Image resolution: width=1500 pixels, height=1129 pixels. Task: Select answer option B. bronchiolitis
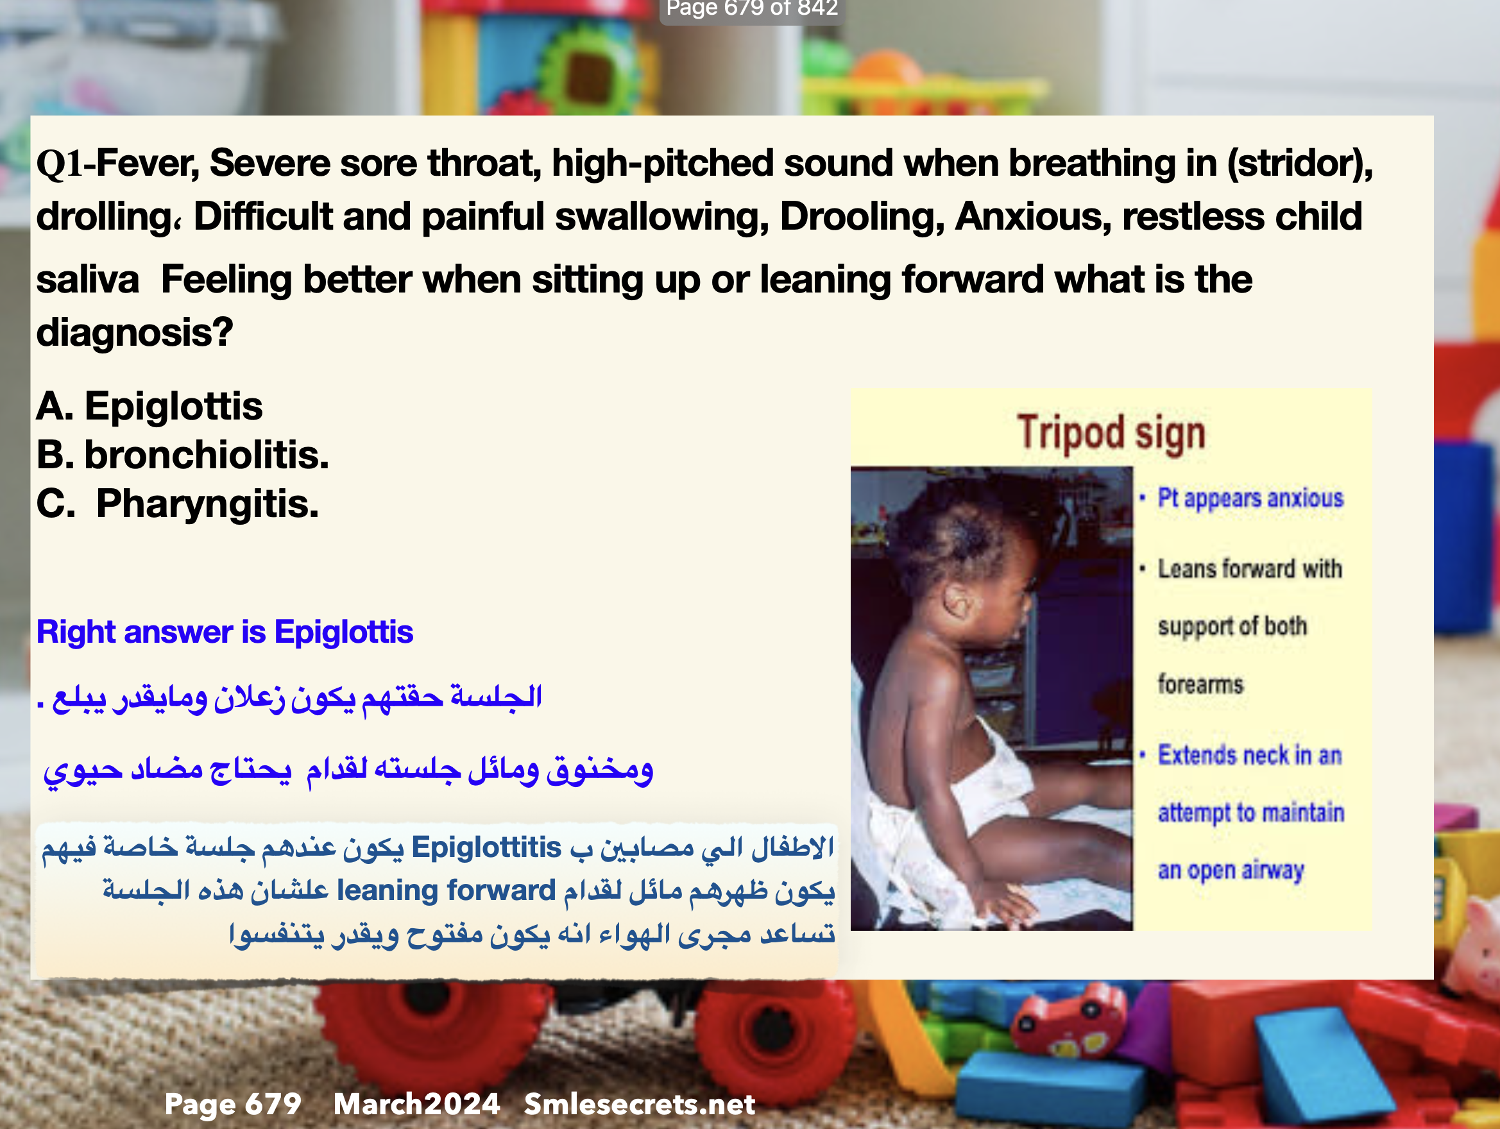point(182,455)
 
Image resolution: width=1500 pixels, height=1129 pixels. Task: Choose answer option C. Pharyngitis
point(177,504)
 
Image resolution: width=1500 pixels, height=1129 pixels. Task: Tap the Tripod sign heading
point(1111,433)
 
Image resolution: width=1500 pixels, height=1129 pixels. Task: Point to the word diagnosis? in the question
point(134,333)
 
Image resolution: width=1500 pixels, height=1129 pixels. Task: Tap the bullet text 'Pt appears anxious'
point(1250,498)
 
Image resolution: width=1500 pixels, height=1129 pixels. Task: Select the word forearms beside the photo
point(1200,684)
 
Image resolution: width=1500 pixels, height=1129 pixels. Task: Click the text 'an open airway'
point(1231,870)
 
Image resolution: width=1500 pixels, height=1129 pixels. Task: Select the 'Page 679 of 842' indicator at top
point(752,9)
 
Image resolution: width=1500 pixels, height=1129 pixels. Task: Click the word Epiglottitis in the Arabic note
point(486,847)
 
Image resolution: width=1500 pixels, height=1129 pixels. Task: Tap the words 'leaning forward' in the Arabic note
point(446,890)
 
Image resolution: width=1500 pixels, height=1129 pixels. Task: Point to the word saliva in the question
point(87,280)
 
